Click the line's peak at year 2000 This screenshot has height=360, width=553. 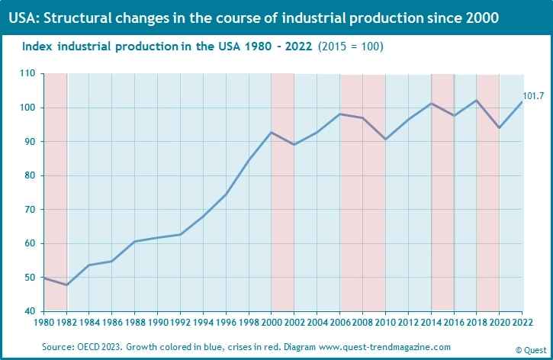click(x=272, y=133)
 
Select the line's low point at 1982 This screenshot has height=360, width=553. click(x=67, y=285)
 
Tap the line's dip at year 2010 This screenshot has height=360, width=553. click(x=385, y=139)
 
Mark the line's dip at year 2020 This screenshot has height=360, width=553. click(x=499, y=127)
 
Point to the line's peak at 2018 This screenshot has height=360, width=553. click(x=477, y=100)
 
